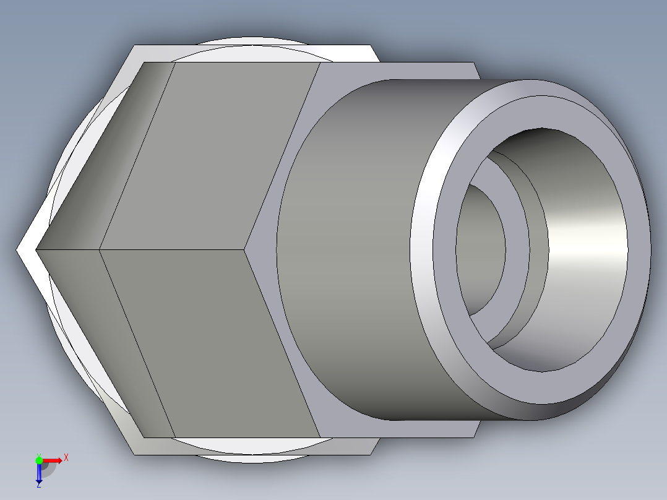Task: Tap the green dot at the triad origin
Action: click(39, 460)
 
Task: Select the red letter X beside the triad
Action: click(66, 457)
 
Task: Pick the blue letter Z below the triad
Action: click(38, 485)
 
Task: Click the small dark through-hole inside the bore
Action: click(480, 248)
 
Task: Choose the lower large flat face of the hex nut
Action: click(210, 340)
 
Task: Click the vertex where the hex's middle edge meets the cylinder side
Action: click(246, 249)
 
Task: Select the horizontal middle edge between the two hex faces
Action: click(173, 249)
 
